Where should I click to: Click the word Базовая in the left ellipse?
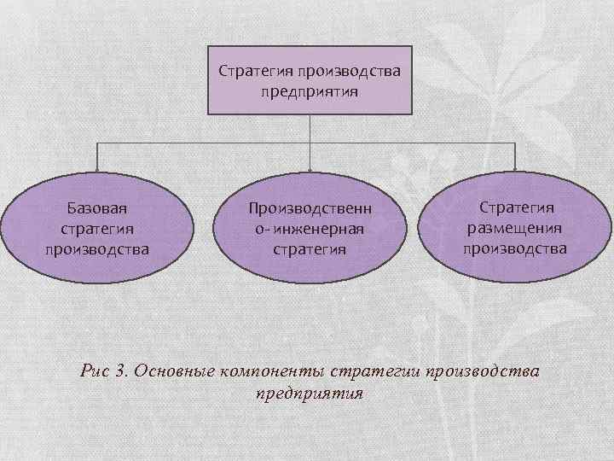click(97, 208)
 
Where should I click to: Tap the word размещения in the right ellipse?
click(514, 228)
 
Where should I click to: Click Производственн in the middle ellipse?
click(310, 208)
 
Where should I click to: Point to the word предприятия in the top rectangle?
click(310, 90)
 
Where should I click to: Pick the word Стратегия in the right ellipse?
click(516, 207)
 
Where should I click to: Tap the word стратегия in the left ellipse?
click(97, 229)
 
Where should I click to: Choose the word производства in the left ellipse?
click(97, 249)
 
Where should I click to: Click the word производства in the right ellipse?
click(514, 248)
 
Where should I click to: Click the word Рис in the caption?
click(94, 371)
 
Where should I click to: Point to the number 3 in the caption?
click(120, 371)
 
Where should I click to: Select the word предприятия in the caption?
click(309, 394)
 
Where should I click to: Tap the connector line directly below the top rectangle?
click(310, 128)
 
